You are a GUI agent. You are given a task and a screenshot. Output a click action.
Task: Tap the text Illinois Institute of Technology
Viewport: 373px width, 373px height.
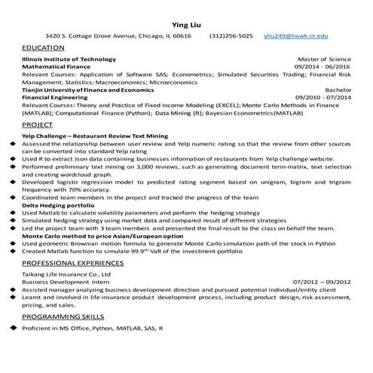(x=69, y=59)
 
